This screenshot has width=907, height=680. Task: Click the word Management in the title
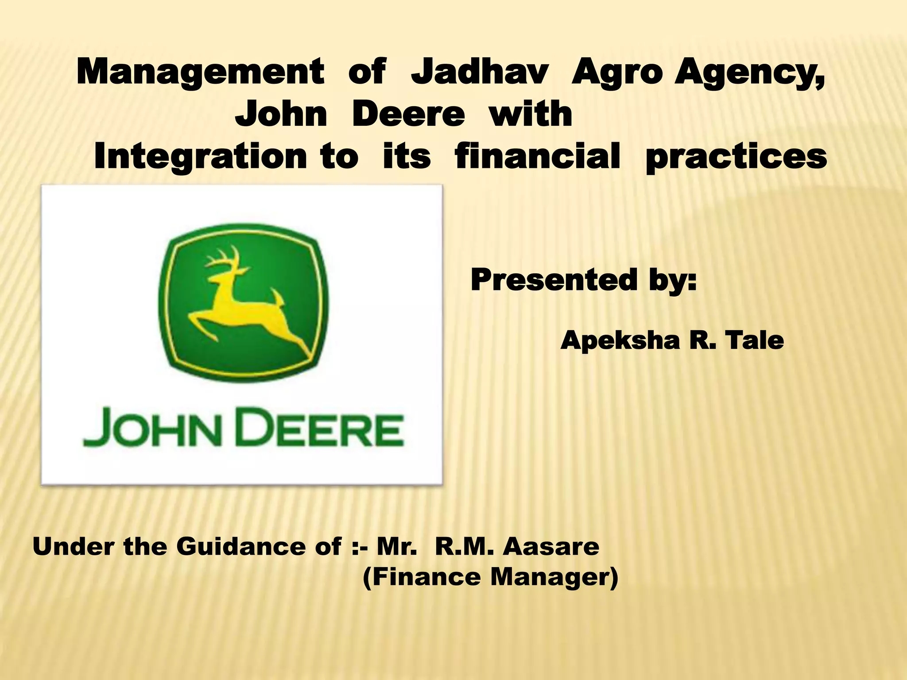point(200,72)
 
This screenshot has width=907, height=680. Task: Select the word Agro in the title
point(618,72)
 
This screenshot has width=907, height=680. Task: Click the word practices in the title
point(736,158)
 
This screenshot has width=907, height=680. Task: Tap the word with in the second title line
point(531,114)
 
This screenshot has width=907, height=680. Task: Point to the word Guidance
point(259,546)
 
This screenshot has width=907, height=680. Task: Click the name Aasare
point(551,546)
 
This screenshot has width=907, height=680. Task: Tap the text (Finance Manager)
point(490,578)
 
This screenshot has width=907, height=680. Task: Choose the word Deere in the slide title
point(408,114)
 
